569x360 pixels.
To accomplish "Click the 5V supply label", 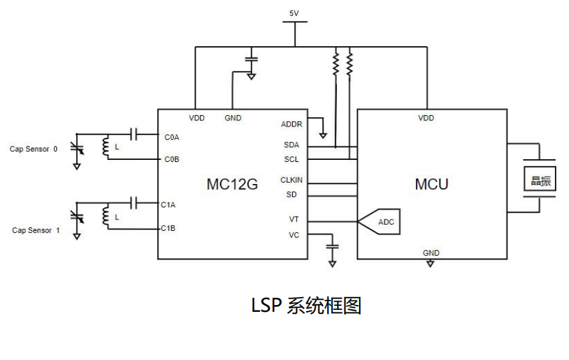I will coord(294,13).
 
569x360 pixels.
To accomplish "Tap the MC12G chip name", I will coord(231,184).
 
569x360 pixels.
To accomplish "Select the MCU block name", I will coord(431,184).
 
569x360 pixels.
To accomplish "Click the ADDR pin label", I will coord(292,124).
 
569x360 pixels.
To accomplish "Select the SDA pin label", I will coord(292,145).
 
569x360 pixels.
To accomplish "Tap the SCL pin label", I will coord(292,159).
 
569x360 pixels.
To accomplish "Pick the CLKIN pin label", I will coord(291,180).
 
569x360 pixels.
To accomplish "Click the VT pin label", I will coord(294,219).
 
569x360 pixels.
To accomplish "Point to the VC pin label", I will coord(294,235).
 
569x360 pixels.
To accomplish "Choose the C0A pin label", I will coord(172,137).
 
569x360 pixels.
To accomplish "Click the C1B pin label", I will coord(168,228).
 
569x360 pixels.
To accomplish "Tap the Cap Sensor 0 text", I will coord(33,149).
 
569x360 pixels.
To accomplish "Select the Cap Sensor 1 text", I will coord(36,230).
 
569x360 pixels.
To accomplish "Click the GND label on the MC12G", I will coord(233,118).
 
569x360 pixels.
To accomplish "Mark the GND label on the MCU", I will coord(431,253).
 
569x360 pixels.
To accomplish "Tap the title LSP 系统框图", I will coord(306,305).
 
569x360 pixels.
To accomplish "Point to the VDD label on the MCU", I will coord(426,118).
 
